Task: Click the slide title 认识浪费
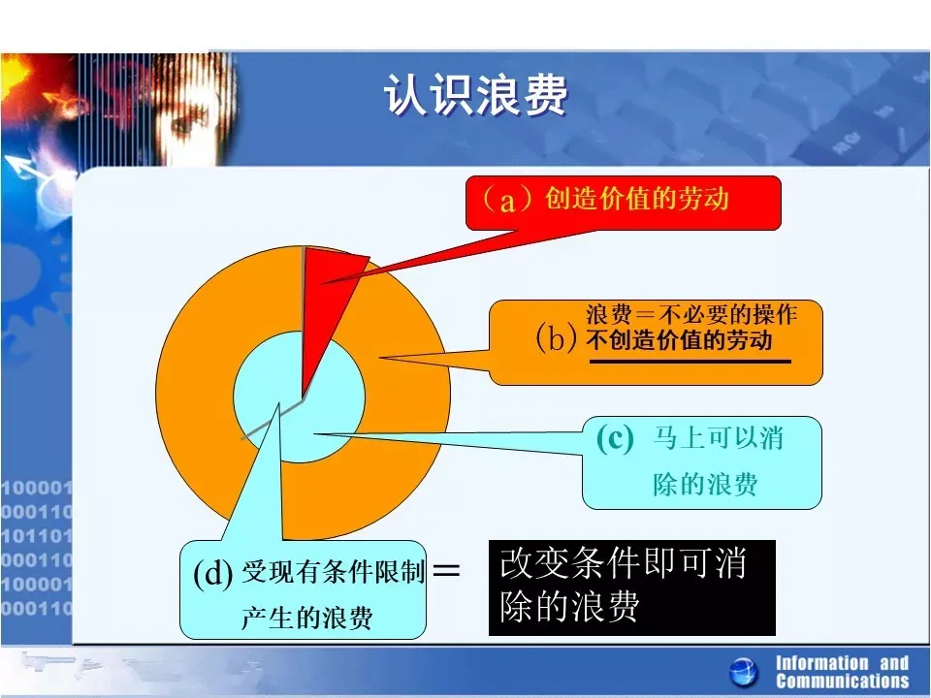(x=475, y=94)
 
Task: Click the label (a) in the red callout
(x=506, y=200)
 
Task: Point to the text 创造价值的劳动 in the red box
(x=636, y=198)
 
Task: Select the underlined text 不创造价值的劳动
(x=679, y=340)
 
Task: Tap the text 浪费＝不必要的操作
(x=691, y=314)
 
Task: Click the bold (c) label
(x=615, y=440)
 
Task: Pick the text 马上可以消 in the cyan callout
(x=718, y=438)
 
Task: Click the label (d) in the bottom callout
(x=213, y=573)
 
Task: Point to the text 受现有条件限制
(x=333, y=572)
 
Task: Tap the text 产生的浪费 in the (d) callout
(x=307, y=618)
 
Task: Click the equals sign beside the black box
(x=446, y=571)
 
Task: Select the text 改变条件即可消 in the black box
(x=623, y=563)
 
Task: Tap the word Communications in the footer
(x=842, y=681)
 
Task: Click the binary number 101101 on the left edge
(x=36, y=536)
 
